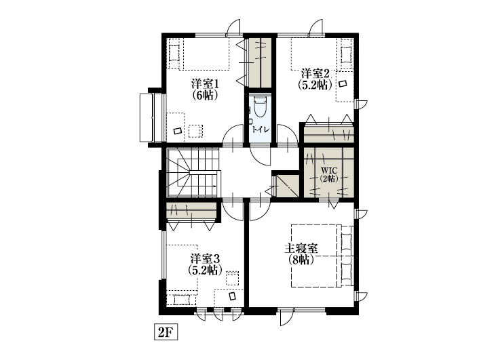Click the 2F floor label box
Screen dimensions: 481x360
click(x=166, y=332)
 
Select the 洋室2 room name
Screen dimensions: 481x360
click(x=315, y=74)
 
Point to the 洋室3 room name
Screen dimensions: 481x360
click(x=205, y=259)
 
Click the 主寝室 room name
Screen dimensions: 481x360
click(x=301, y=248)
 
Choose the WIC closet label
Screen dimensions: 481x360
click(x=329, y=170)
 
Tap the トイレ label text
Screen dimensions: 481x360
click(x=261, y=129)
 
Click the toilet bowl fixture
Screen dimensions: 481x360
click(x=260, y=106)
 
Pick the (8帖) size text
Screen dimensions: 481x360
click(x=301, y=260)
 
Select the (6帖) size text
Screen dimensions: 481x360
click(x=205, y=96)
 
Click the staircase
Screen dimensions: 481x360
click(x=193, y=172)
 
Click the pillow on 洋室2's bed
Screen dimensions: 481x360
click(x=346, y=55)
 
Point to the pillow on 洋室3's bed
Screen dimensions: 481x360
click(x=182, y=299)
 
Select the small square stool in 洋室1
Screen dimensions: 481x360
click(x=195, y=131)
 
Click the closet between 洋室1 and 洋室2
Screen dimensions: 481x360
click(x=260, y=62)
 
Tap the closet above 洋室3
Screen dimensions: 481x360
click(x=191, y=211)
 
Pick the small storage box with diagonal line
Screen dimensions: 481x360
click(x=288, y=186)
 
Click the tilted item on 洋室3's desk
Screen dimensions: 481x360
click(x=233, y=296)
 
